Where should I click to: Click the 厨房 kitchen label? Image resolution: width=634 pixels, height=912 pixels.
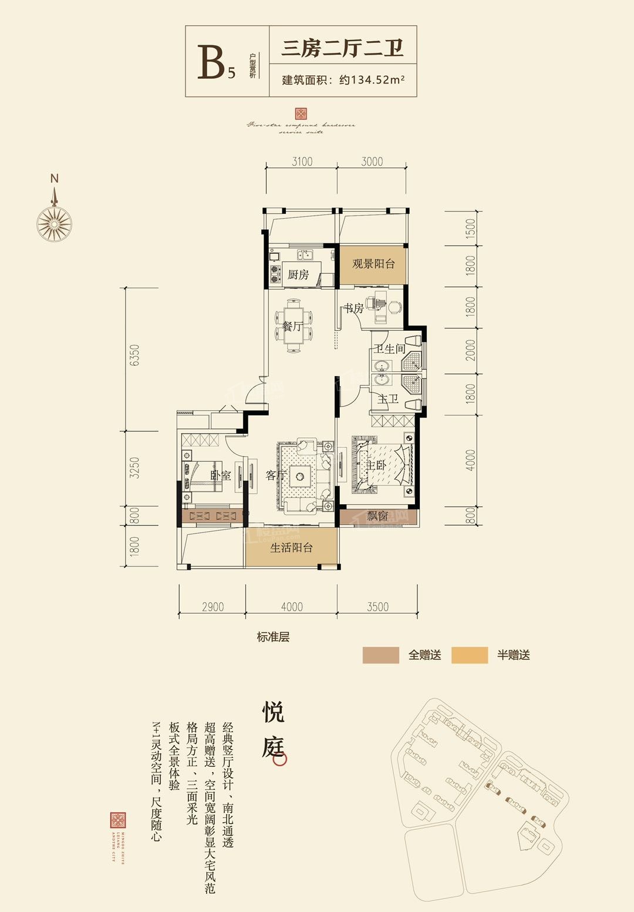pos(298,274)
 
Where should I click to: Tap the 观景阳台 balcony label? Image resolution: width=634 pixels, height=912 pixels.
pos(373,264)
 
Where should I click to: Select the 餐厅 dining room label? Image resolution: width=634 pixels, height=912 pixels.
pos(292,326)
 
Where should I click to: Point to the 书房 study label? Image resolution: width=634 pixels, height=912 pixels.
pos(353,308)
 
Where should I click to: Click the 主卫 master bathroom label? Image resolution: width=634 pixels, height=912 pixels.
pos(388,399)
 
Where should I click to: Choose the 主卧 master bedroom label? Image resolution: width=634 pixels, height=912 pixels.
pos(376,465)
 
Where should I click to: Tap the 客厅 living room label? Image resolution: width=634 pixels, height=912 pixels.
pos(276,475)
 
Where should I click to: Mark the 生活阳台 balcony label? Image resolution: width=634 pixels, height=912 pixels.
pos(291,548)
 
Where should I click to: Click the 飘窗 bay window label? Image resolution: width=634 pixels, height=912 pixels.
pos(377,516)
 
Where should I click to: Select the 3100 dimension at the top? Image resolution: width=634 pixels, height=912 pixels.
pos(302,162)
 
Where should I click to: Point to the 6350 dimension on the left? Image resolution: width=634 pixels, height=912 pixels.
pos(135,356)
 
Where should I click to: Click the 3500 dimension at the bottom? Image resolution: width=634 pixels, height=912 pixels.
pos(377,607)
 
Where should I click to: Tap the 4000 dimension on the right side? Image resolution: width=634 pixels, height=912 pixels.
pos(470,460)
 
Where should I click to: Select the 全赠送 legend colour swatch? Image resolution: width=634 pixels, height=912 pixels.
pos(380,655)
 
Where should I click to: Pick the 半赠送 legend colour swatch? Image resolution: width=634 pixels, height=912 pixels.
pos(470,655)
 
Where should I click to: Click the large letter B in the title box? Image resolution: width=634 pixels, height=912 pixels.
pos(211,62)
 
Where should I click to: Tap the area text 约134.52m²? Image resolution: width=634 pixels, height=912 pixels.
pos(372,80)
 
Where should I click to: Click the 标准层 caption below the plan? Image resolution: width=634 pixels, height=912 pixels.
pos(273,637)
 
